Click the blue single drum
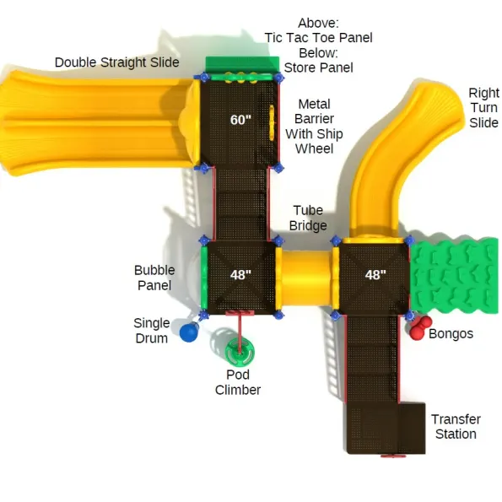(189, 332)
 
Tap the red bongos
(420, 327)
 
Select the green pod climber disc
(240, 351)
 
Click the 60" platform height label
(240, 120)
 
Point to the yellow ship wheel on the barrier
(272, 123)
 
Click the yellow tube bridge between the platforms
(305, 278)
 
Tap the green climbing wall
(454, 276)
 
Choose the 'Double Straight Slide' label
(117, 62)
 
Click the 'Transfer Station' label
(456, 426)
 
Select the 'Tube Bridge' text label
(308, 218)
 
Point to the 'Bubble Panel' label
(154, 278)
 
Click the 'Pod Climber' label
(238, 382)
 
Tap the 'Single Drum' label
(151, 331)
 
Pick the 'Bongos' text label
(451, 333)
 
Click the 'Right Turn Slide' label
(483, 108)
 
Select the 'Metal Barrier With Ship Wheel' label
(314, 127)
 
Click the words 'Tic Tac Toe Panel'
(319, 38)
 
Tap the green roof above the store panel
(242, 65)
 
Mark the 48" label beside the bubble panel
(240, 275)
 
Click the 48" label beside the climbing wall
(375, 275)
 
